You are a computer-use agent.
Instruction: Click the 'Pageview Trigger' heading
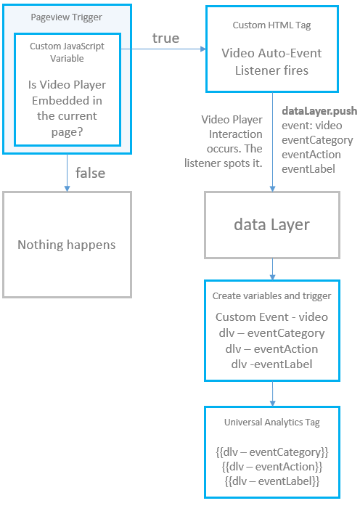tap(66, 17)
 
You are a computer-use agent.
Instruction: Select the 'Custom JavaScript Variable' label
tap(66, 52)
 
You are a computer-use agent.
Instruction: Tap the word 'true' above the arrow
tap(165, 38)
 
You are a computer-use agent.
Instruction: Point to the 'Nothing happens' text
tap(66, 245)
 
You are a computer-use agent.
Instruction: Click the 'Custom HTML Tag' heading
tap(272, 25)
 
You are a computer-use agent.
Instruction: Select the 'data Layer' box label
tap(271, 224)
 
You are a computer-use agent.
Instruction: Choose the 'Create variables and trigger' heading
tap(271, 296)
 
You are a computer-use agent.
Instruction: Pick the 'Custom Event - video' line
tap(271, 317)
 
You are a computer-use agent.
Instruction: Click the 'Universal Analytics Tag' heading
tap(271, 422)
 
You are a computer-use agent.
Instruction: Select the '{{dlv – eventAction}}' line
tap(271, 466)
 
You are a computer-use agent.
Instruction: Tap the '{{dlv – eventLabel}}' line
tap(271, 481)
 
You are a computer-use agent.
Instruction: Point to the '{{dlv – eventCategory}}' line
tap(271, 452)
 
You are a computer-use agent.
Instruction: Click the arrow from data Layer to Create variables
tap(272, 269)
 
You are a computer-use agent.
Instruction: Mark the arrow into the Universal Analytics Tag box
tap(272, 393)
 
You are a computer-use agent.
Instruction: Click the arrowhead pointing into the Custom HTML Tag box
tap(201, 49)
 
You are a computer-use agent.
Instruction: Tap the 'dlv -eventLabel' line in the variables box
tap(271, 364)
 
